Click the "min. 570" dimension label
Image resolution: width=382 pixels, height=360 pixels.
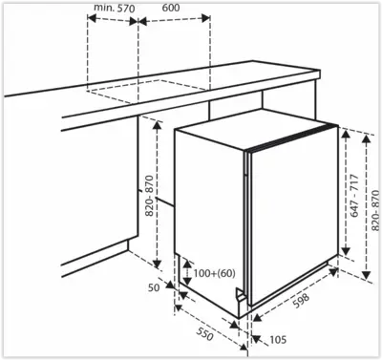[x=115, y=8]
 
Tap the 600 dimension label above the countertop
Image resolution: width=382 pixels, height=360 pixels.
[x=171, y=8]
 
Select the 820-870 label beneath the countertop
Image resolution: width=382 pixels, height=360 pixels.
[x=149, y=196]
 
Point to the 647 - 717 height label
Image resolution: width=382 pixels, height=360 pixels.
[x=354, y=196]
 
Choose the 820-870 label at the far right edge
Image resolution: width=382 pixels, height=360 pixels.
[x=375, y=210]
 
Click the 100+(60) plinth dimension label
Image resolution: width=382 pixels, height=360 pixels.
[x=214, y=273]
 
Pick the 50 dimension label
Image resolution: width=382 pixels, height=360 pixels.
[x=154, y=287]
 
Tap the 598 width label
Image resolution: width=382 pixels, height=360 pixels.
[x=301, y=301]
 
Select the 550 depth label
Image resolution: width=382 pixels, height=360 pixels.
[x=204, y=333]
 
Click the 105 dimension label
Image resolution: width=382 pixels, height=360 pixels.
[x=278, y=340]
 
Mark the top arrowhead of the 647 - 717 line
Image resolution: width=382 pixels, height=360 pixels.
[x=346, y=135]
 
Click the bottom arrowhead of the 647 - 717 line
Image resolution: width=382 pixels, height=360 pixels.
[x=346, y=251]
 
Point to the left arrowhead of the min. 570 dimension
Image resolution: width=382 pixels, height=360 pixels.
[x=92, y=18]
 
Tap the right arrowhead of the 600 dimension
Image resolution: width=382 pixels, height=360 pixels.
[x=205, y=18]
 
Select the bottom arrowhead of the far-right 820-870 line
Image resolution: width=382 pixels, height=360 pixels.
[x=367, y=274]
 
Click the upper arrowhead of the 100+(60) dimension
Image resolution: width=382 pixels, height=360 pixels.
[x=187, y=264]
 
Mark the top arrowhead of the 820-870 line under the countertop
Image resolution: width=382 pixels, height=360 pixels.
[x=157, y=126]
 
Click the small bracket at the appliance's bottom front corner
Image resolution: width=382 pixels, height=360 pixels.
[x=241, y=295]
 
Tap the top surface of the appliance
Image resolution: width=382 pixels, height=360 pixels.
[x=256, y=128]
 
